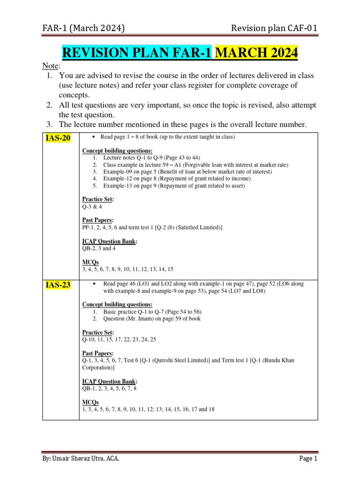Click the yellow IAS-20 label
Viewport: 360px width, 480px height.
point(58,140)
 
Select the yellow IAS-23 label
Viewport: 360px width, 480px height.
point(58,285)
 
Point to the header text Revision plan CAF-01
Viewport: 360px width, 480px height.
point(274,29)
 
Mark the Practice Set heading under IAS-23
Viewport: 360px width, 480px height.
point(98,332)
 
